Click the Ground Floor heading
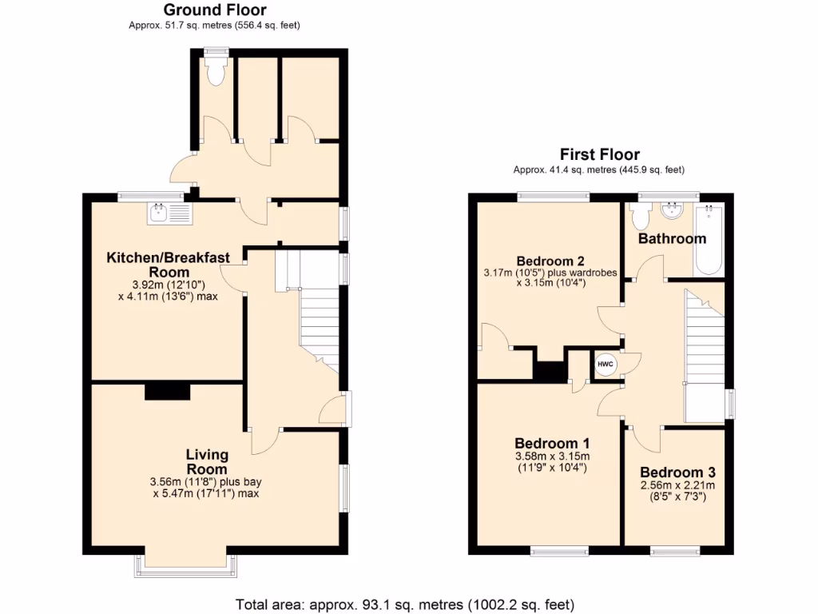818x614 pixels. coord(215,10)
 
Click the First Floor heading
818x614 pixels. coord(599,154)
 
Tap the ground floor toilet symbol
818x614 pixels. coord(215,71)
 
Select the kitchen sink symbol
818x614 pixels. coord(168,213)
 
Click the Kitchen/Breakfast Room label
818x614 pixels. coord(169,265)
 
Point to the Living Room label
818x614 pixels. coord(207,462)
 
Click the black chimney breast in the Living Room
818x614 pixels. coord(168,391)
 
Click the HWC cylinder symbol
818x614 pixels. coord(605,363)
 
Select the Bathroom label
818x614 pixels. coord(672,238)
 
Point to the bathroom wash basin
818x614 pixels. coord(673,211)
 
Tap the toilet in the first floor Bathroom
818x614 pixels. coord(640,215)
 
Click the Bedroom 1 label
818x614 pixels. coord(552,444)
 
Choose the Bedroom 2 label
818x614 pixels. coord(550,261)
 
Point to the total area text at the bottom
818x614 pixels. coord(405,604)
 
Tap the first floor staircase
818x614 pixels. coord(704,336)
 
